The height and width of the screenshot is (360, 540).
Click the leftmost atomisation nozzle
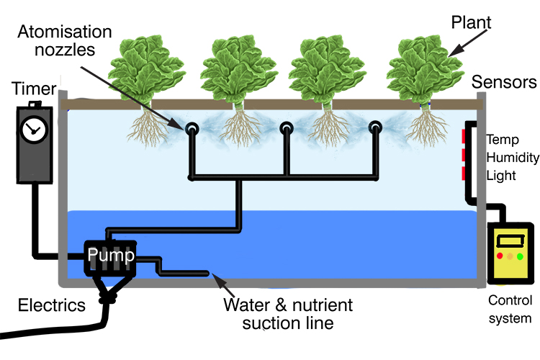coord(193,129)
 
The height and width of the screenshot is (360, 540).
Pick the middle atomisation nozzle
coord(287,129)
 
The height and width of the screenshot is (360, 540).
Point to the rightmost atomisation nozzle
coord(375,129)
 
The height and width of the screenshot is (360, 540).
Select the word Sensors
coord(505,81)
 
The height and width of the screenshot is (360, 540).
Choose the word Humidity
coord(510,156)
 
